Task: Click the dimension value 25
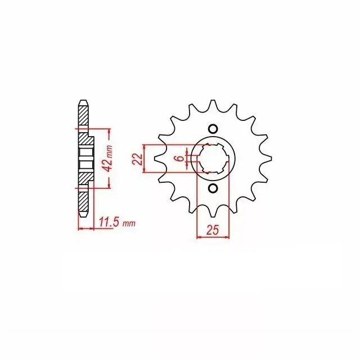click(213, 229)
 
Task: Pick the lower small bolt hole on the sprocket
click(213, 188)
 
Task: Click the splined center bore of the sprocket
click(213, 158)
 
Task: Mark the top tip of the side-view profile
click(83, 101)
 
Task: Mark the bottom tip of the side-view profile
click(83, 215)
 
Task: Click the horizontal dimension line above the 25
click(213, 237)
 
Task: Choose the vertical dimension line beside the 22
click(145, 159)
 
